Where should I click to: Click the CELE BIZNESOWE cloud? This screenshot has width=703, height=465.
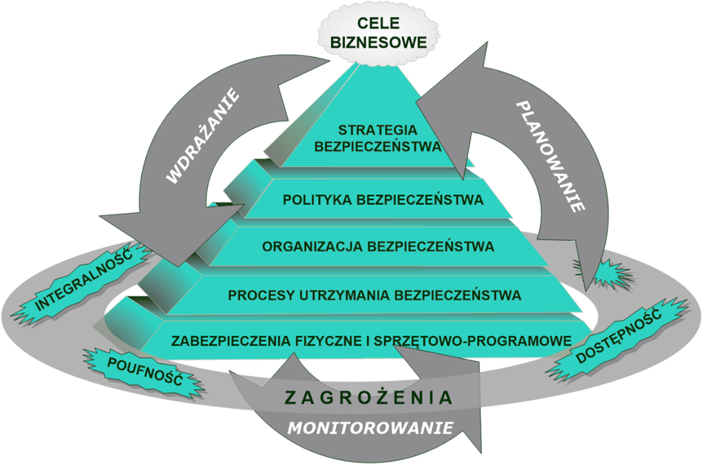[379, 33]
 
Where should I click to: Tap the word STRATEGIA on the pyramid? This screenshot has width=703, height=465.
[378, 130]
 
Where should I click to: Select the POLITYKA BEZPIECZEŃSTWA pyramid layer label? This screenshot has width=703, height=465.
[383, 199]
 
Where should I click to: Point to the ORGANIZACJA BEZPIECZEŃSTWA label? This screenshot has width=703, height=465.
[378, 247]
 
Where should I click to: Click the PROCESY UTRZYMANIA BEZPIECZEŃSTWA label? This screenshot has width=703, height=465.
[374, 295]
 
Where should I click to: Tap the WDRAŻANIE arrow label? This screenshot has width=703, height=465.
[203, 136]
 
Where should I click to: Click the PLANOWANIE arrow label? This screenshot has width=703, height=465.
[550, 156]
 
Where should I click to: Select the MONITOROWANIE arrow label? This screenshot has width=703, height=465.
[370, 428]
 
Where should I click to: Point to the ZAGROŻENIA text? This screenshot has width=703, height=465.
[368, 398]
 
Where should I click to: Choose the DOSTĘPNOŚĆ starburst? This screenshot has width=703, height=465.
[618, 336]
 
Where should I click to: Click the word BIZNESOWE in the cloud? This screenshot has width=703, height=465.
[379, 42]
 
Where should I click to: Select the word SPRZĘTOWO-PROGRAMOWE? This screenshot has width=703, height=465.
[472, 341]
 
